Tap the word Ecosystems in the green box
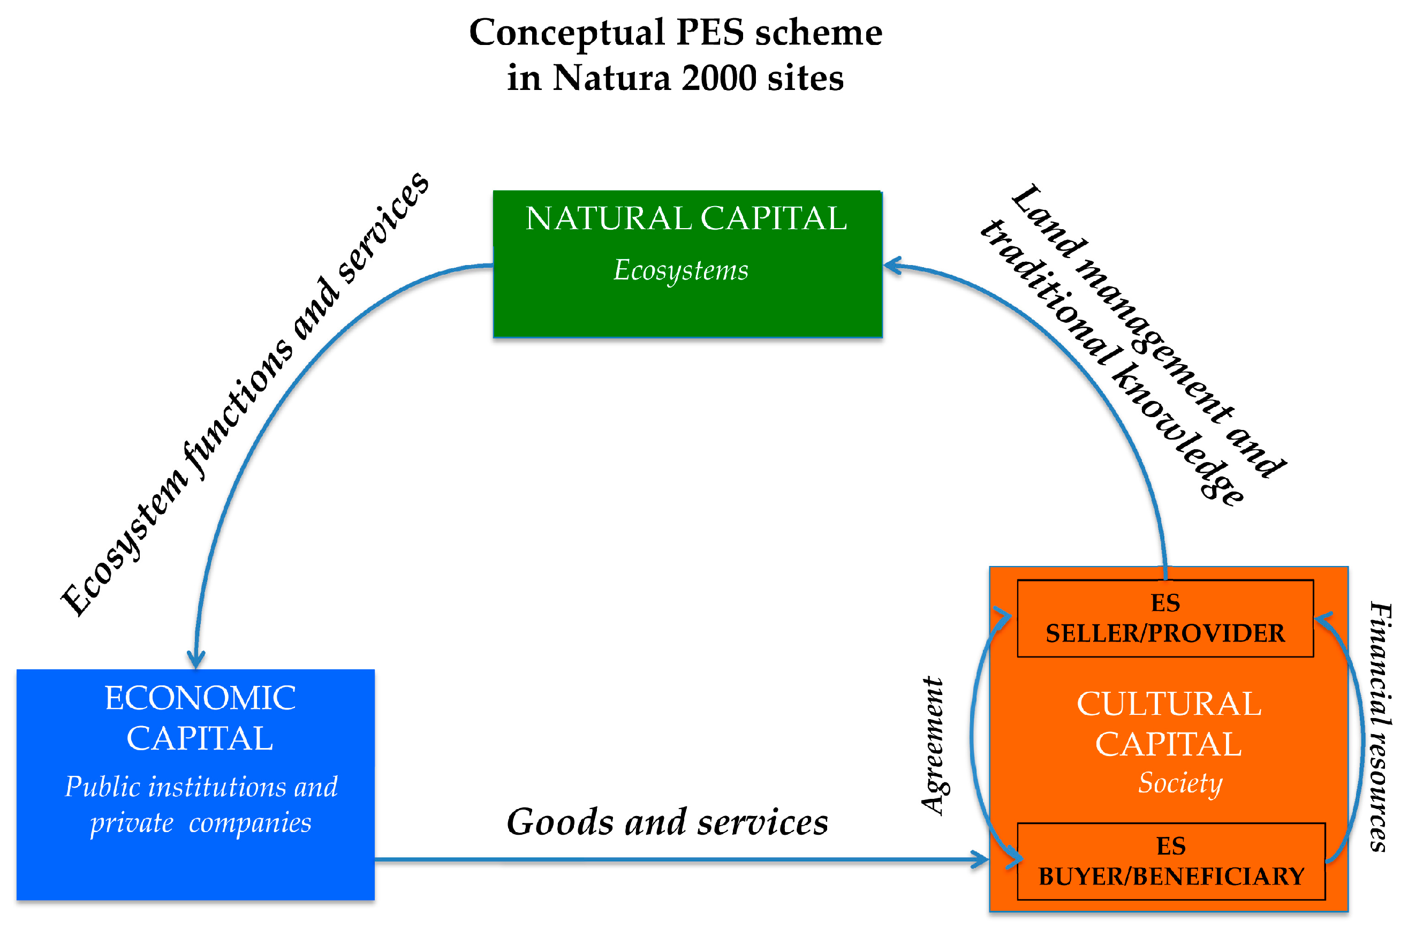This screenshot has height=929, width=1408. pos(680,270)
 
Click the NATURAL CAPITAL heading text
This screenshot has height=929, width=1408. pos(686,218)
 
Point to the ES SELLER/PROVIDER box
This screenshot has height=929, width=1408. pos(1164,618)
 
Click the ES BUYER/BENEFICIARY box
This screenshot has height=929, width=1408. pos(1170,862)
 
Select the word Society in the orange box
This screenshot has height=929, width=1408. pos(1179,783)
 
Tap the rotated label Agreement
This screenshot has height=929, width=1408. pos(933,746)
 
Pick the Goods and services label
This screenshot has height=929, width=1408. pos(667,822)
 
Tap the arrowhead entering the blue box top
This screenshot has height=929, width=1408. pos(196,659)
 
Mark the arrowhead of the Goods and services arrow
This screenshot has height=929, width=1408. pos(980,859)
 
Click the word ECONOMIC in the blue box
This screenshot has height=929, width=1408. pos(200,698)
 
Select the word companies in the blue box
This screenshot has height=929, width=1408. pos(249,823)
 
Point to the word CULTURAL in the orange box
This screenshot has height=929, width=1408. pos(1169,704)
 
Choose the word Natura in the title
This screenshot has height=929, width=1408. pos(611,78)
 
